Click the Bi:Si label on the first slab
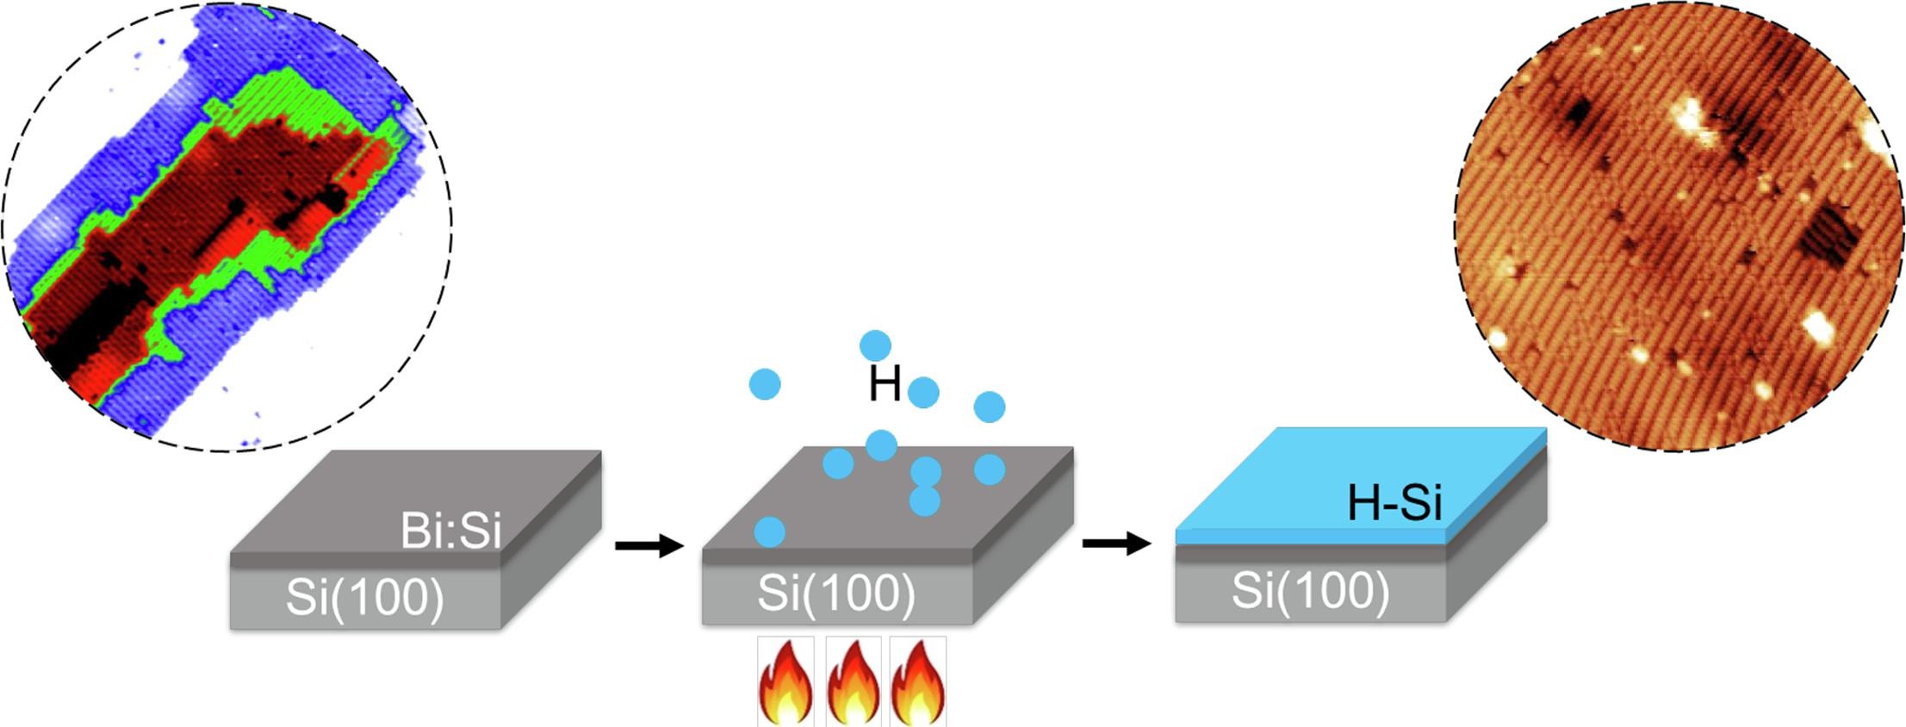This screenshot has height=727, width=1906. pyautogui.click(x=450, y=531)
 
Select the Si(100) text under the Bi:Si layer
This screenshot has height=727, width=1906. pyautogui.click(x=365, y=597)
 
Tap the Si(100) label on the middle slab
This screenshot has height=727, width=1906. pyautogui.click(x=836, y=592)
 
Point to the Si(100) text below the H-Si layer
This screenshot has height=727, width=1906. pyautogui.click(x=1310, y=590)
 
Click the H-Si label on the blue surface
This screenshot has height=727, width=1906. pyautogui.click(x=1394, y=501)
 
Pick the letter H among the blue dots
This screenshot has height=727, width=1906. pyautogui.click(x=885, y=384)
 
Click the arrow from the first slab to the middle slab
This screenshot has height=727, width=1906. pyautogui.click(x=649, y=545)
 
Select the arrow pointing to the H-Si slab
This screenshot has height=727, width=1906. pyautogui.click(x=1116, y=543)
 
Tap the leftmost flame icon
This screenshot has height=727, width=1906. pyautogui.click(x=785, y=682)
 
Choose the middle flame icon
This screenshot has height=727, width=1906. pyautogui.click(x=853, y=682)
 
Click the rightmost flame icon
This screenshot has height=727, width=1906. pyautogui.click(x=918, y=682)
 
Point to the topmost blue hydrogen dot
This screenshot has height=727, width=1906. pyautogui.click(x=875, y=345)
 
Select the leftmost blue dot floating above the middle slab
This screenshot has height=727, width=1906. pyautogui.click(x=765, y=383)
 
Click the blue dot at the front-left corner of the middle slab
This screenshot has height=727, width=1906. pyautogui.click(x=769, y=531)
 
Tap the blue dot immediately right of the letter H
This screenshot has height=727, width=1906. pyautogui.click(x=923, y=392)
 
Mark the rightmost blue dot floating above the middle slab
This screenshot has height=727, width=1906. pyautogui.click(x=989, y=407)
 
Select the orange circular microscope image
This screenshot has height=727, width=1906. pyautogui.click(x=1679, y=226)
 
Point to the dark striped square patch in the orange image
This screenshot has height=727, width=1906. pyautogui.click(x=1827, y=234)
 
